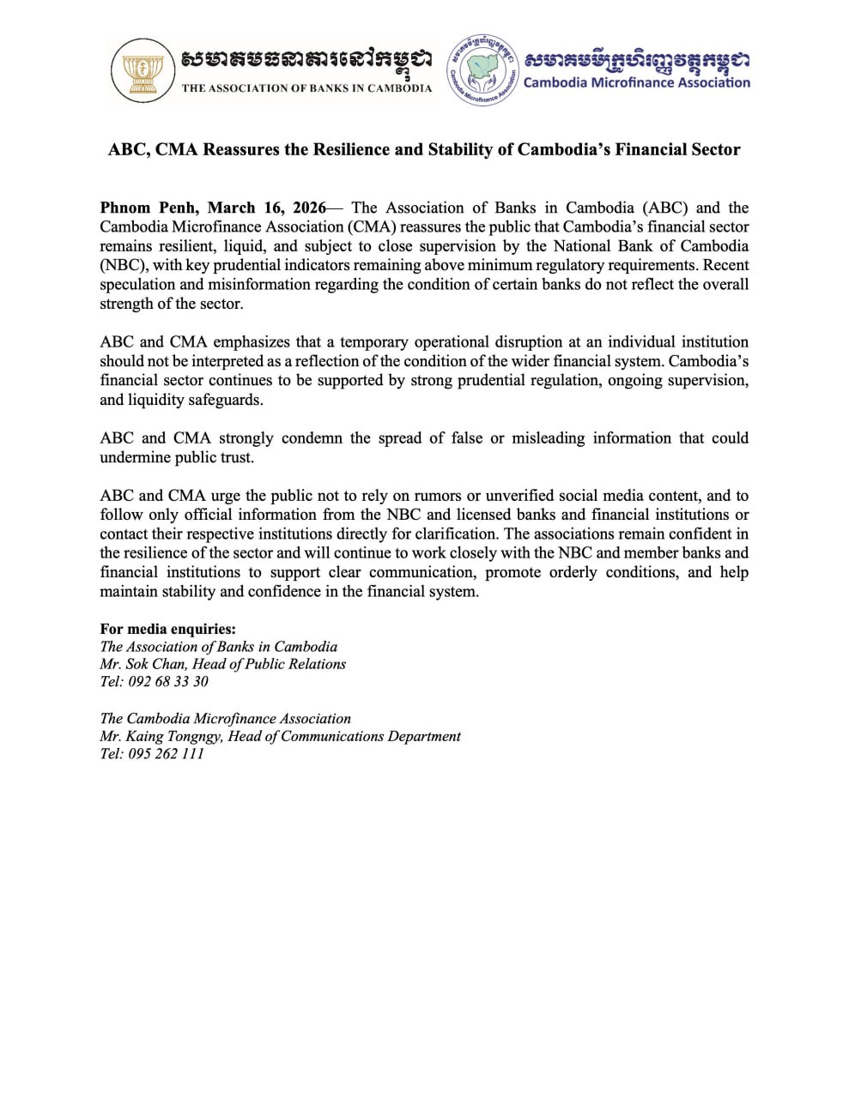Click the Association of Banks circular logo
(142, 71)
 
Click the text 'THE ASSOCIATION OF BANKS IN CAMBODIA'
(306, 88)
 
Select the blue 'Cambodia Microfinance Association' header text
(636, 82)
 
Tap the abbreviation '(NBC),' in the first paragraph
(124, 265)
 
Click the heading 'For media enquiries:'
(167, 630)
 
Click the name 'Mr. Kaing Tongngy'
(159, 736)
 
